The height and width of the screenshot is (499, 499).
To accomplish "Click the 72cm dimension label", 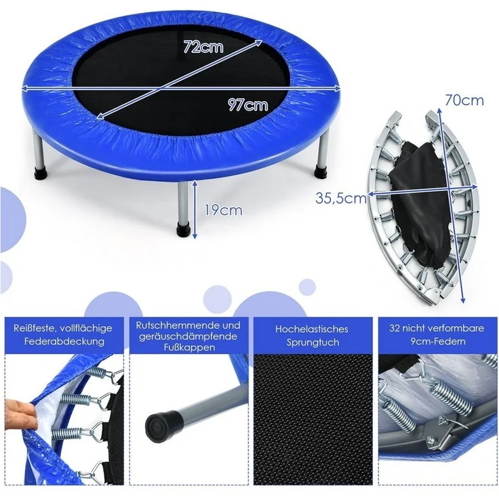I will pos(204,47).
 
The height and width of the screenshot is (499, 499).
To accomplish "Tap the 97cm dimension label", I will pos(247,104).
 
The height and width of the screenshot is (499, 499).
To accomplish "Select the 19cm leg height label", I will pos(223,210).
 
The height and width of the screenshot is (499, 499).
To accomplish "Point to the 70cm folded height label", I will pos(464,100).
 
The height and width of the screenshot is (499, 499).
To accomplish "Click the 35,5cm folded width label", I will pos(341,198).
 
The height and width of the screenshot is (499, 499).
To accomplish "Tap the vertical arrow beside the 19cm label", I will pos(195,209).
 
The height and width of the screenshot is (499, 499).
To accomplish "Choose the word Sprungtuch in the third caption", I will pos(312,342).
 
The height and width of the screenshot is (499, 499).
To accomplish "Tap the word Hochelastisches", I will pos(312,329).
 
